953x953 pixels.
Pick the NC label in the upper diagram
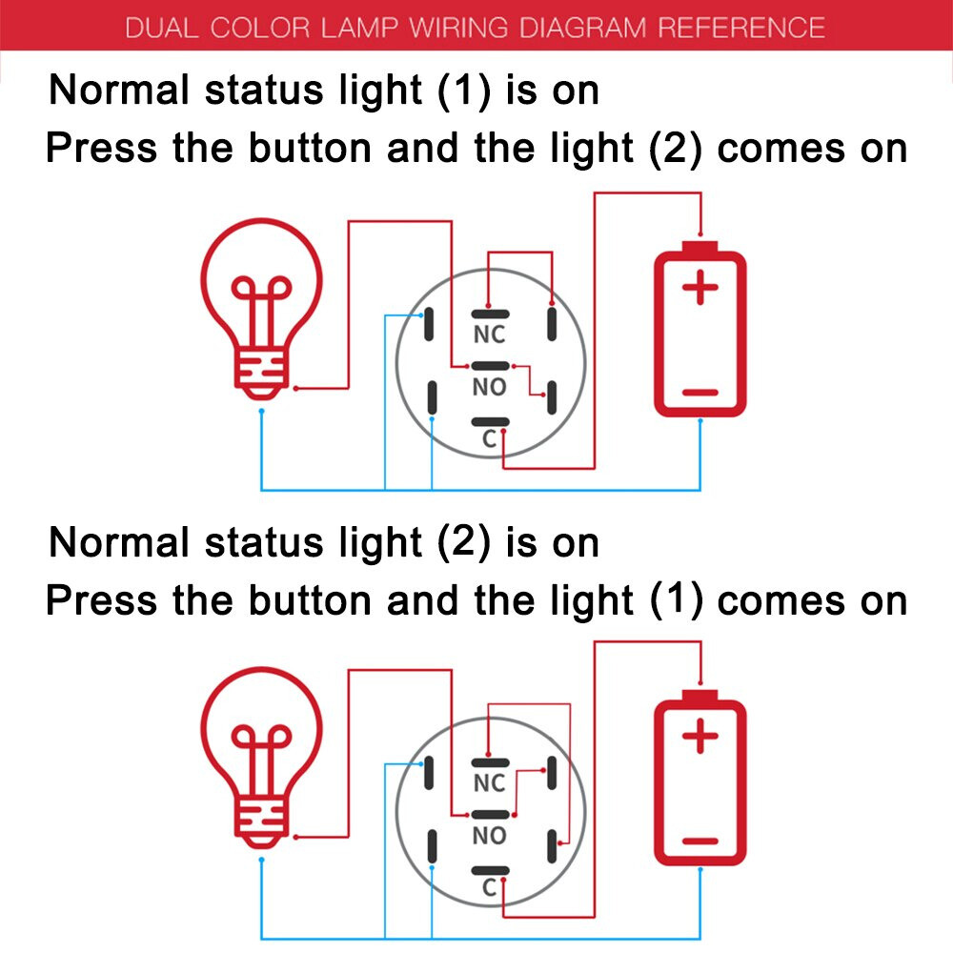tap(489, 335)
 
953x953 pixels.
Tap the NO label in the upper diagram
tap(489, 387)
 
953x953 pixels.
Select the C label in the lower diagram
tap(489, 888)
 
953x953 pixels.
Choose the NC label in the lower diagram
tap(489, 783)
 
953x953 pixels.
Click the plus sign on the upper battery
tap(700, 288)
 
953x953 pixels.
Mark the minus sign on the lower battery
tap(700, 841)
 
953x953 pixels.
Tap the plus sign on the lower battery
tap(700, 737)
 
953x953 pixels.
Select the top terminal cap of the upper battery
tap(700, 247)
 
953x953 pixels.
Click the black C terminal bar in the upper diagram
tap(490, 422)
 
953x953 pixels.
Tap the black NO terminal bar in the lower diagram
tap(490, 816)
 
